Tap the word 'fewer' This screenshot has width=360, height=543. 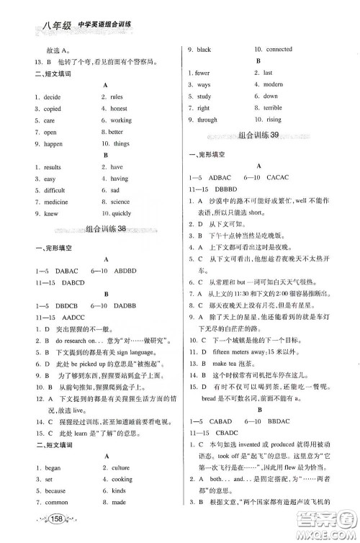click(203, 73)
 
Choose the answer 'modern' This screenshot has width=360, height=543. click(274, 84)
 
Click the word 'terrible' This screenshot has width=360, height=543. click(274, 108)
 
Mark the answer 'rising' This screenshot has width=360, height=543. click(273, 120)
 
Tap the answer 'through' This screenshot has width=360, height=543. click(207, 120)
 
